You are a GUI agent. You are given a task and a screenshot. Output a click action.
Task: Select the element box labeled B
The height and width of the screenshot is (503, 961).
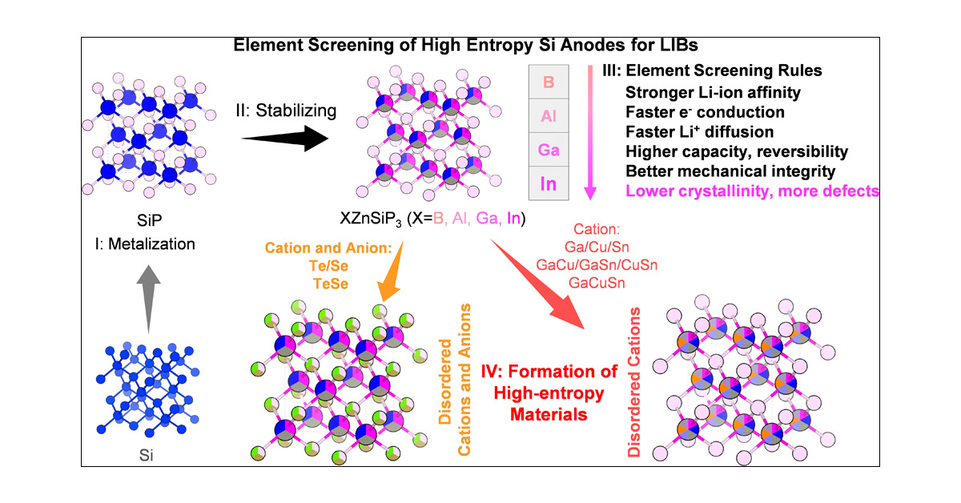[549, 82]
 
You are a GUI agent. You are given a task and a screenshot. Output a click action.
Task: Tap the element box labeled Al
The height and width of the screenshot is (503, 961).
[549, 116]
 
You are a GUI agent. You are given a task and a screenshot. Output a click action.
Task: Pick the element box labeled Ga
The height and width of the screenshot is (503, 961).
[549, 150]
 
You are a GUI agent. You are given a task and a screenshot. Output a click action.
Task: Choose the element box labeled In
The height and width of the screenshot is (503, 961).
[549, 183]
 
